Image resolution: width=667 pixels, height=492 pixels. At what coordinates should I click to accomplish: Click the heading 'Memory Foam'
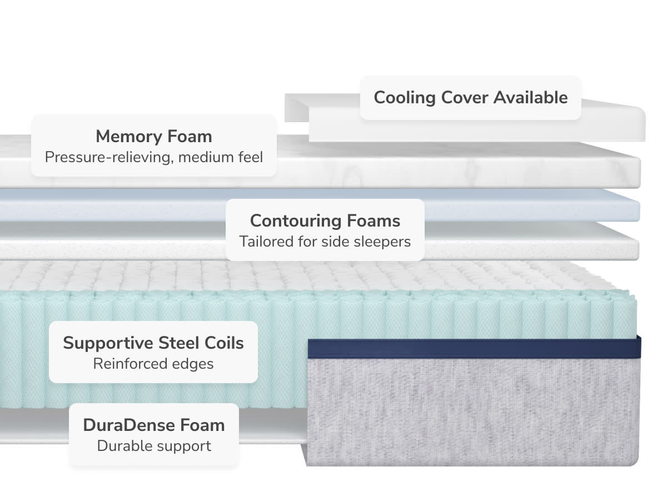point(153,136)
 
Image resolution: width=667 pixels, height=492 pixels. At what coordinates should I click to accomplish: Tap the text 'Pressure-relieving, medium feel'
point(153,157)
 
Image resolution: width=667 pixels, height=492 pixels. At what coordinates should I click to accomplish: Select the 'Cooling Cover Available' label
point(470,98)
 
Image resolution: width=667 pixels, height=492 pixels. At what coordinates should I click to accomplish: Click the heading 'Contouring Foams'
point(325,220)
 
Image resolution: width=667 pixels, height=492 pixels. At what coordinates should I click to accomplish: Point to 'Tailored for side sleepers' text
point(325,242)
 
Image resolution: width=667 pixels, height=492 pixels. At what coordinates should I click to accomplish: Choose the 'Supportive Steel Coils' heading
point(153,343)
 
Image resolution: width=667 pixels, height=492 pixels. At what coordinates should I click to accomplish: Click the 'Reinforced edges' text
point(153,364)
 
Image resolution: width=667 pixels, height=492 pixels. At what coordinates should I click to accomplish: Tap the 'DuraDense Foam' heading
point(154,425)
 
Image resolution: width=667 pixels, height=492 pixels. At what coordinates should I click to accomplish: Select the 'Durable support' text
point(154,446)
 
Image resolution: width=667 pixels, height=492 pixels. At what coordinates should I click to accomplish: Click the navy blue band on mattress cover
point(472,347)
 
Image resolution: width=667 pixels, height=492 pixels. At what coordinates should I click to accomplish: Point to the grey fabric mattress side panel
point(472,411)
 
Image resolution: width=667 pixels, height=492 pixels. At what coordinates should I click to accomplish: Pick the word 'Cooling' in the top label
point(405,98)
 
